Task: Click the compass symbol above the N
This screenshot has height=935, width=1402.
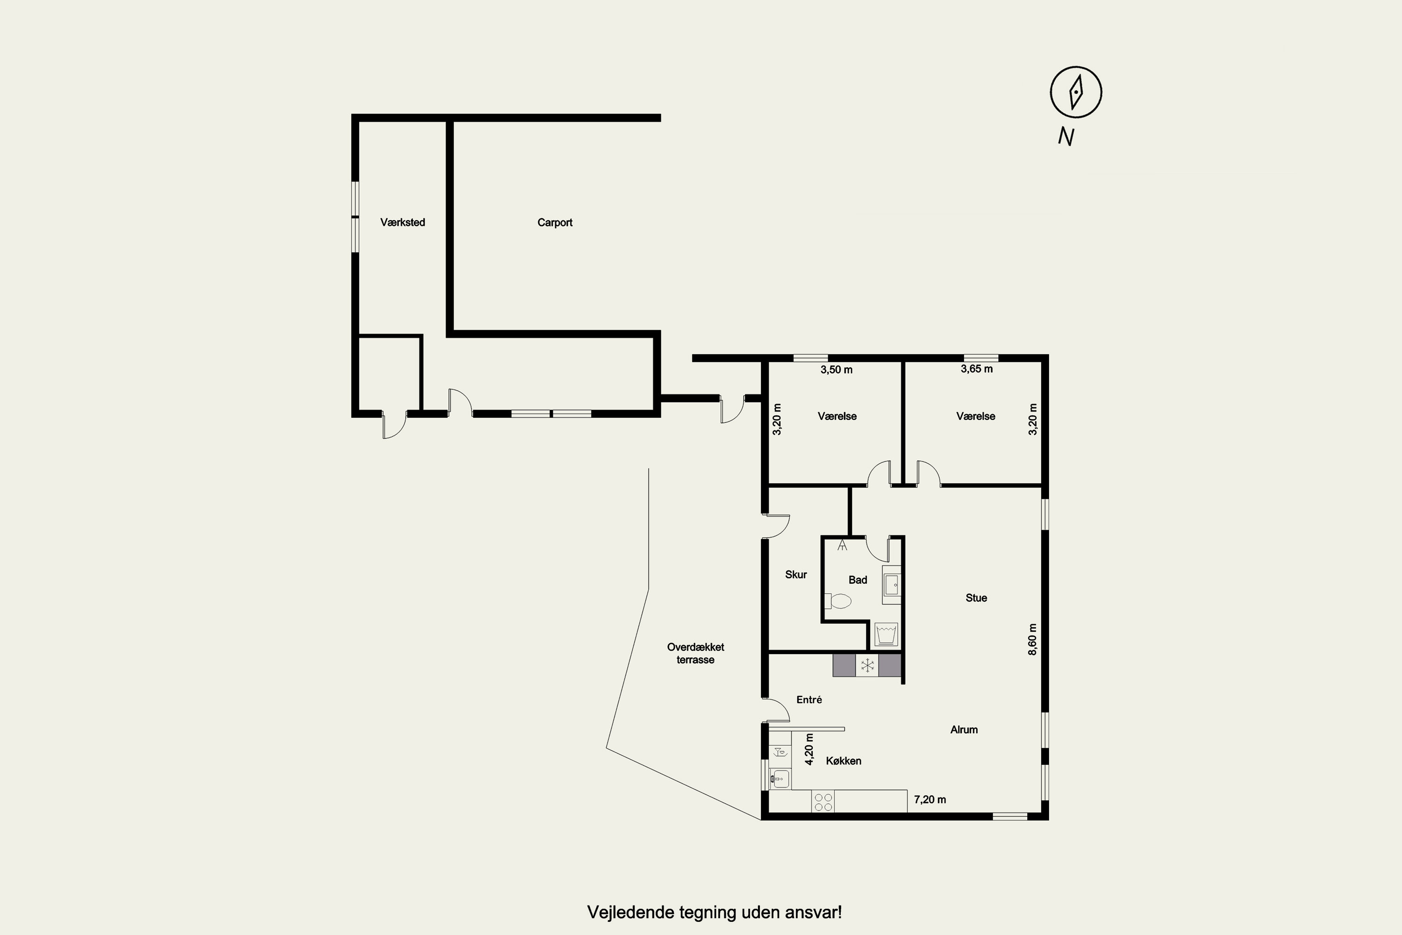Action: pos(1075,92)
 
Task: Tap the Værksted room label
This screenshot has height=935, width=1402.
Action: pos(402,223)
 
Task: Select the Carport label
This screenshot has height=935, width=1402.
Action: pos(555,223)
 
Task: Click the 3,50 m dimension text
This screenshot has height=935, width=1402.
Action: pos(837,370)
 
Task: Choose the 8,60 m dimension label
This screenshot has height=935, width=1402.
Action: pos(1032,639)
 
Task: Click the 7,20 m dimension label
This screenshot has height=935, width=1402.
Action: pos(930,799)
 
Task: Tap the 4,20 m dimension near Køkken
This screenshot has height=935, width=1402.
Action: pos(809,749)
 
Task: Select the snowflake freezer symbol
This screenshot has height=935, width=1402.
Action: pos(867,665)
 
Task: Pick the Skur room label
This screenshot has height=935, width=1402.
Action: pos(796,574)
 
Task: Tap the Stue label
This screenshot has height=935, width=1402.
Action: pos(976,597)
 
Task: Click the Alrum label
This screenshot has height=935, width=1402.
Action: pos(964,729)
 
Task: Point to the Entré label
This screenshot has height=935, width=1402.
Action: pos(809,699)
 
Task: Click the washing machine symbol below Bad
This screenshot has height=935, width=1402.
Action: pos(886,634)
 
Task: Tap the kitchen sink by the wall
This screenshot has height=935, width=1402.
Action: pos(780,778)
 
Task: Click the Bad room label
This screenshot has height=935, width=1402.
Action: pos(858,580)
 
